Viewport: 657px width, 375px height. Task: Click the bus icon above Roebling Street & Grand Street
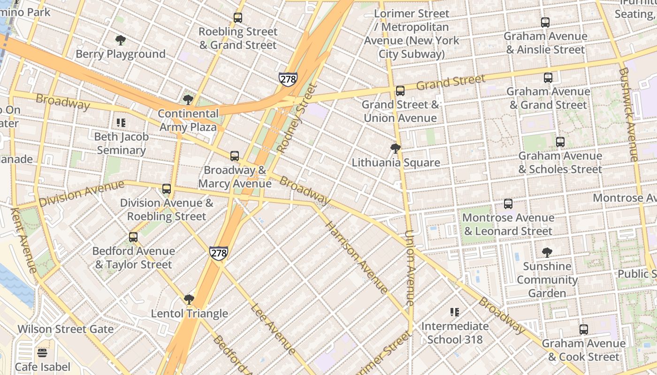pyautogui.click(x=238, y=18)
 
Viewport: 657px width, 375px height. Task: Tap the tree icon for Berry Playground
pyautogui.click(x=121, y=40)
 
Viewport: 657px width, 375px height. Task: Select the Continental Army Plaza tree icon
pyautogui.click(x=188, y=100)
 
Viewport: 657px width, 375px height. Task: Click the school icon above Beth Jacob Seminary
pyautogui.click(x=121, y=123)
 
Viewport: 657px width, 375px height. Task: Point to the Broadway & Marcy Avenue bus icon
pyautogui.click(x=235, y=156)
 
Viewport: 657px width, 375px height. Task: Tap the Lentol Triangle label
pyautogui.click(x=189, y=314)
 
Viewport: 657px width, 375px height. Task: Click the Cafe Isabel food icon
pyautogui.click(x=42, y=353)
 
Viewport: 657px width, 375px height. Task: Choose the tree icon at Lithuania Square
pyautogui.click(x=396, y=149)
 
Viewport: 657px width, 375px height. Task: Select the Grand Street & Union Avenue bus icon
pyautogui.click(x=400, y=91)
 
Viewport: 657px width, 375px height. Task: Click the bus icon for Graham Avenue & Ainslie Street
pyautogui.click(x=545, y=22)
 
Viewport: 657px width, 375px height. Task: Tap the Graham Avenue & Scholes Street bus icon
pyautogui.click(x=560, y=142)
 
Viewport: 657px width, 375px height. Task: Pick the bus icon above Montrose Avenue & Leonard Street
pyautogui.click(x=508, y=204)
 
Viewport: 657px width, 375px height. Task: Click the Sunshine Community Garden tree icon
pyautogui.click(x=547, y=253)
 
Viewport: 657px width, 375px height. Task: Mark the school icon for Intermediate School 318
pyautogui.click(x=454, y=312)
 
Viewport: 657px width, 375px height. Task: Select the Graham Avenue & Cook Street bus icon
pyautogui.click(x=584, y=330)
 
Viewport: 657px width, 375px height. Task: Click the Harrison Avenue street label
pyautogui.click(x=357, y=258)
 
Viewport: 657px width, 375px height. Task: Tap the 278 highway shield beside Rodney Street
pyautogui.click(x=288, y=79)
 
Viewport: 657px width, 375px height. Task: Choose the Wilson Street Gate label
pyautogui.click(x=65, y=329)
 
